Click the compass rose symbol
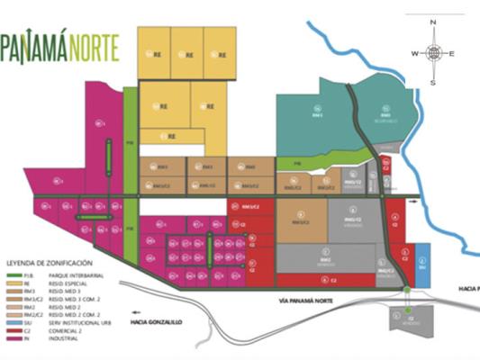[x=433, y=52]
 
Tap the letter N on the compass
[x=433, y=22]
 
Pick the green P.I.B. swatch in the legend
[x=14, y=266]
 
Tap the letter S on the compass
[x=433, y=83]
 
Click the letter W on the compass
[x=415, y=54]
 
